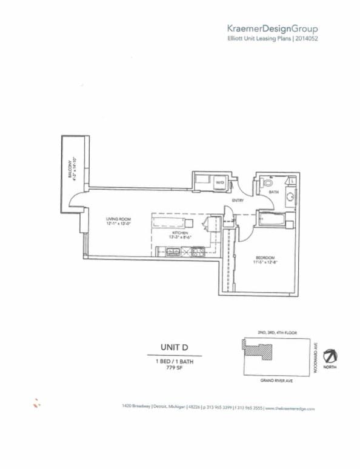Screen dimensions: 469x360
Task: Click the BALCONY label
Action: point(70,168)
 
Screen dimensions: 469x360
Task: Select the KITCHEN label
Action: point(180,233)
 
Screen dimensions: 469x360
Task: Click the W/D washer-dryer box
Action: point(220,182)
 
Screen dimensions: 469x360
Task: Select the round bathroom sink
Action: point(290,196)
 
